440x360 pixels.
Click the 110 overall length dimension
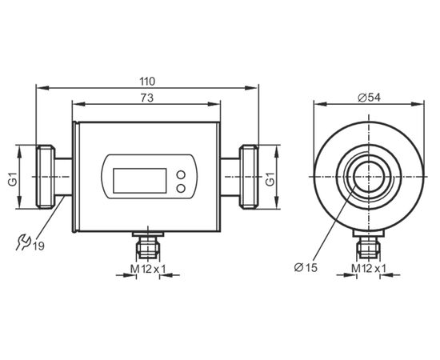[147, 82]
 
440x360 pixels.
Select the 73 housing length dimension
[147, 98]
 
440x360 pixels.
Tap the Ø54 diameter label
[370, 98]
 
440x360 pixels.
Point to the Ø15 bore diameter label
[306, 268]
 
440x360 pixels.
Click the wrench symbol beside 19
[22, 242]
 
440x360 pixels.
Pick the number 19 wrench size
[38, 246]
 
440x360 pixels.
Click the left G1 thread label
[13, 179]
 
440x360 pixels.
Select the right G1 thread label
[270, 179]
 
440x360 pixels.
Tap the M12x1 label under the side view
[148, 269]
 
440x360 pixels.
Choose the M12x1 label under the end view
[369, 269]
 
